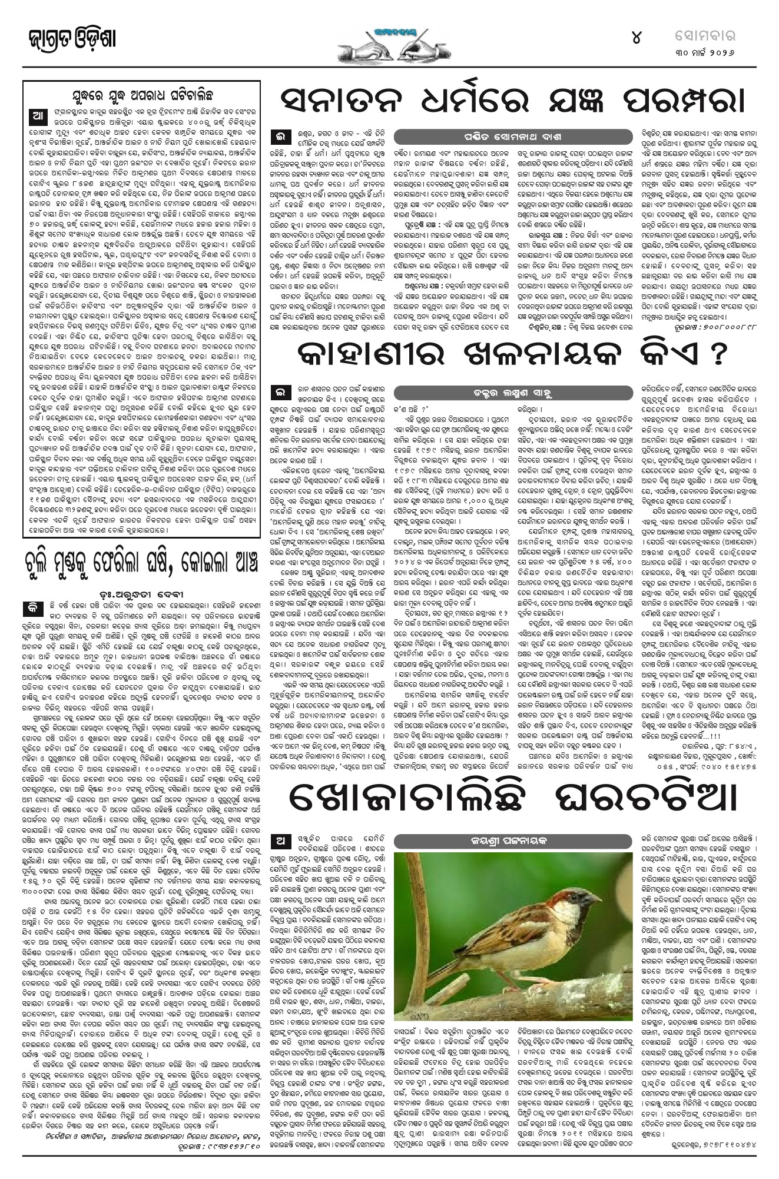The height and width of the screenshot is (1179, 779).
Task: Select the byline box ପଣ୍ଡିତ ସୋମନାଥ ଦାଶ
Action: [453, 137]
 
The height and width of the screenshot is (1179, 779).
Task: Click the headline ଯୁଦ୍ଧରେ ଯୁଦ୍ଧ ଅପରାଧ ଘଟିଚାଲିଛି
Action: [141, 95]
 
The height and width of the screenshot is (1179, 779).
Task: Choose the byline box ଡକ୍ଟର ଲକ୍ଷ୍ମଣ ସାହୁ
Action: [453, 392]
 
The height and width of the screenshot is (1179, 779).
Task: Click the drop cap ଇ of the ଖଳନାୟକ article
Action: [279, 393]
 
